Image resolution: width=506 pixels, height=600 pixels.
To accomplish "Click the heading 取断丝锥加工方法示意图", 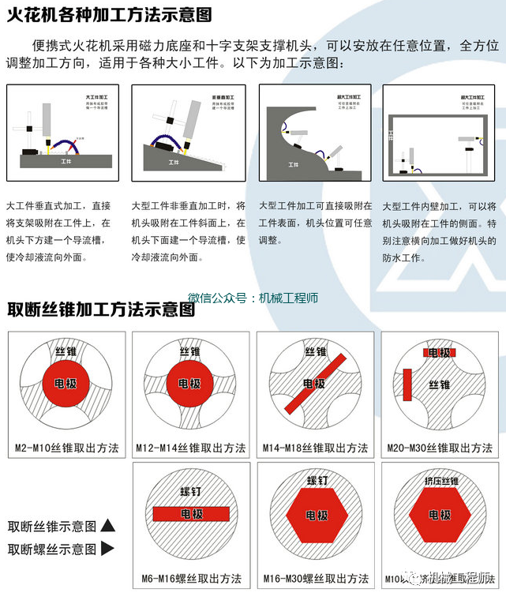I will point(101,309).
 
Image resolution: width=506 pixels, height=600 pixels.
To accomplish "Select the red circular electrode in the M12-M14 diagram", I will point(189,384).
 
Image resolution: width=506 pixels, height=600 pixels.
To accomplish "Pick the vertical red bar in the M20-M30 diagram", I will point(408,384).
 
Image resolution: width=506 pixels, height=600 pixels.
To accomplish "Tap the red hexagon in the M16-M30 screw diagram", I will point(315,515).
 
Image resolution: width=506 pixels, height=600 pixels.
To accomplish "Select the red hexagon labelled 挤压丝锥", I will point(439,514).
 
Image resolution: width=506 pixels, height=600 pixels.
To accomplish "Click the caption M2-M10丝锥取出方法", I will point(67,448).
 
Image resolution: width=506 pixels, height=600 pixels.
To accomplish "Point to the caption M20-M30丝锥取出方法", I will point(438,448).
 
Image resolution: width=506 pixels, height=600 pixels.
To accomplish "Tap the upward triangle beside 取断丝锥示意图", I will point(108,526).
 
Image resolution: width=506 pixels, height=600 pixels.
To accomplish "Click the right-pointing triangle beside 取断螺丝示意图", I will point(108,548).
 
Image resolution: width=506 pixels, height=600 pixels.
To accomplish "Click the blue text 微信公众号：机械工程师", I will point(253,298).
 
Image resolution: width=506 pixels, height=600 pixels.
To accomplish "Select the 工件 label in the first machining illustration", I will point(68,160).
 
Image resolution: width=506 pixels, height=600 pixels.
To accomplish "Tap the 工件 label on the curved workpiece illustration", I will point(294,165).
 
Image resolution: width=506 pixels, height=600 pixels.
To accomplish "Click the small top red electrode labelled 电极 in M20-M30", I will point(439,353).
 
